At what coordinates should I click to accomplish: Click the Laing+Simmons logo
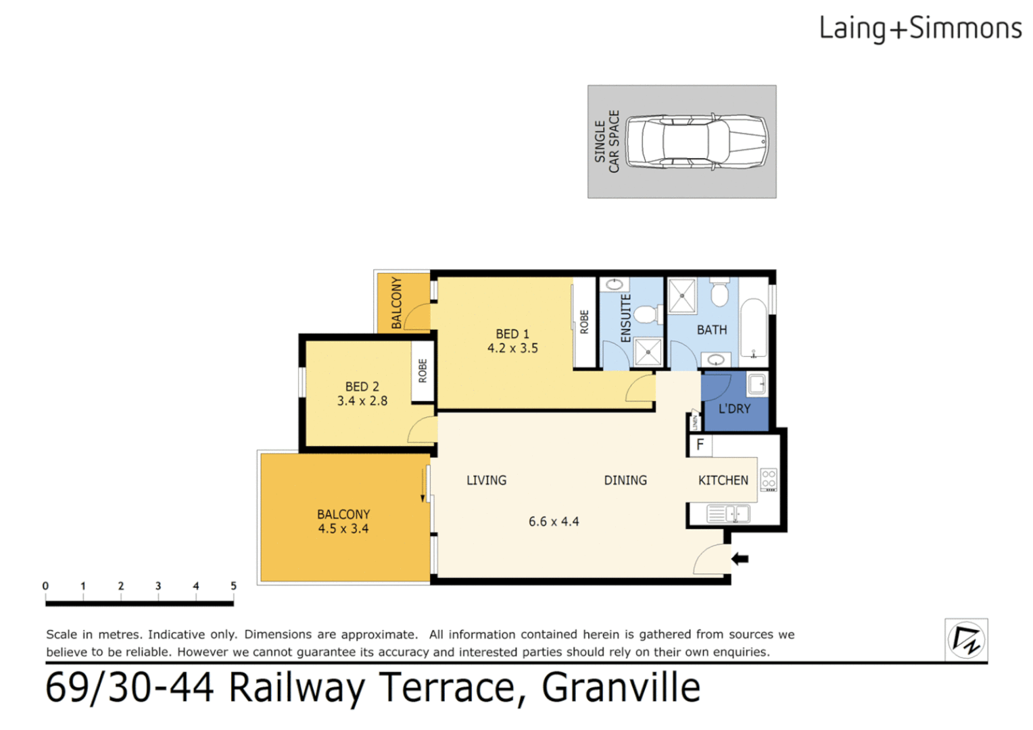(919, 28)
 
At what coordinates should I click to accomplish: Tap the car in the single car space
(696, 141)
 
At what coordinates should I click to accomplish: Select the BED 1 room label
(512, 334)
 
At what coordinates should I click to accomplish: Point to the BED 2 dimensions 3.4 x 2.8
(362, 401)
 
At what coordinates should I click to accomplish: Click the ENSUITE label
(626, 318)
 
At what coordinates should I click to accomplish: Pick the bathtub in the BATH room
(753, 327)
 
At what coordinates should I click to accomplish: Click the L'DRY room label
(734, 409)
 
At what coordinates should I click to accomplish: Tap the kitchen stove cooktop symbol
(769, 479)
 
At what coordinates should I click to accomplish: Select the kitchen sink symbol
(728, 514)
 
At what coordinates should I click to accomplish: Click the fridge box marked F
(700, 445)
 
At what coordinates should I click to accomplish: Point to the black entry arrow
(740, 559)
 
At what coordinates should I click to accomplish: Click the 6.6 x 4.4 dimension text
(554, 522)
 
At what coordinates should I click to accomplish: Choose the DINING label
(625, 481)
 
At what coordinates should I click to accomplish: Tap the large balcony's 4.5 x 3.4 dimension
(343, 529)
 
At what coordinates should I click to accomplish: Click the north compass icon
(966, 639)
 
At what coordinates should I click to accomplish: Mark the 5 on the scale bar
(233, 586)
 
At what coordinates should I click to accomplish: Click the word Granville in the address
(621, 688)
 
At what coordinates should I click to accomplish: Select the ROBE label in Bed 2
(423, 371)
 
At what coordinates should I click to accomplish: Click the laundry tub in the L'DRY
(757, 385)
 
